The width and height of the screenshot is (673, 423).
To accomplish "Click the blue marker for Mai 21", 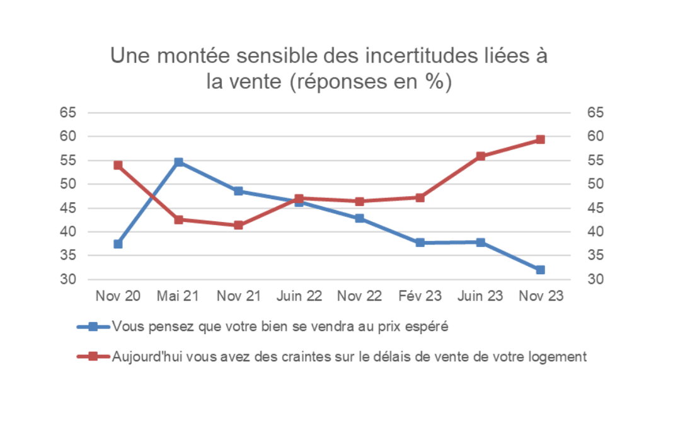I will coord(178,162).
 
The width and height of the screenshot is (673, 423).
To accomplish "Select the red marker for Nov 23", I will coord(540,139).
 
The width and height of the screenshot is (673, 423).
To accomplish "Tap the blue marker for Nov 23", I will coord(540,270).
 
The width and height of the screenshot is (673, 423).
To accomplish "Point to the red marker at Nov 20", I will coord(118,165).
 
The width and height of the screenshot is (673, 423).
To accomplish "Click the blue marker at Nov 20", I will coord(118,244).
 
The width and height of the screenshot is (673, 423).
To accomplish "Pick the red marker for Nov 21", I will coord(238,225).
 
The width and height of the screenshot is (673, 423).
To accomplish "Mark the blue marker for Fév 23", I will coord(420,243).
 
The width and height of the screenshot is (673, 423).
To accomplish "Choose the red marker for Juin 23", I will coord(480,156).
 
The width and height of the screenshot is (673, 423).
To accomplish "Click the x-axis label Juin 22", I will coord(299,296).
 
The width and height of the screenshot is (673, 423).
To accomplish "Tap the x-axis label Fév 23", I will coord(420,296).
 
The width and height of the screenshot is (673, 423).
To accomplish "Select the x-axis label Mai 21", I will coord(178,296).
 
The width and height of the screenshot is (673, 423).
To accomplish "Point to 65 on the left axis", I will coord(68,113).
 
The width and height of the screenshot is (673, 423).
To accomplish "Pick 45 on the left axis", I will coord(68,208).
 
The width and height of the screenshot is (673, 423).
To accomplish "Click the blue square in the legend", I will coord(93,327).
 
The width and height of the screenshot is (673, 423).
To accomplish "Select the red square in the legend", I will coord(93,356).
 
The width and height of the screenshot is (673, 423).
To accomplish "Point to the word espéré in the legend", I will coord(430,327).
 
